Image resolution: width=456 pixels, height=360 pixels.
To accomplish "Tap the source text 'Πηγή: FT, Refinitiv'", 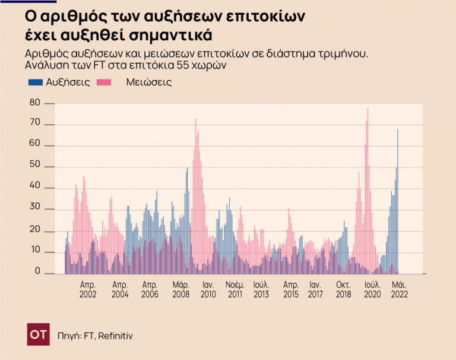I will click(95, 336).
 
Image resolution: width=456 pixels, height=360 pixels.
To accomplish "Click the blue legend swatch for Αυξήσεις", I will click(34, 83).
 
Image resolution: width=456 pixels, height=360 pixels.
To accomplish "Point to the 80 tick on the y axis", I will click(34, 103).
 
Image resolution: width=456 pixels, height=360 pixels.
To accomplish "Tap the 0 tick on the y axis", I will click(37, 271).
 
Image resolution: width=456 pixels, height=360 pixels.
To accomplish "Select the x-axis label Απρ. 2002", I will click(88, 289).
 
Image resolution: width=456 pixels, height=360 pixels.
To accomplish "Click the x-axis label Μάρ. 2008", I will click(180, 289).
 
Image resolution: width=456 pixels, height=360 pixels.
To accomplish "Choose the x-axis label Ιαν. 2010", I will click(208, 289).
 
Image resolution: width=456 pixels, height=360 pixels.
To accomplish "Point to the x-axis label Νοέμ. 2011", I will click(235, 289).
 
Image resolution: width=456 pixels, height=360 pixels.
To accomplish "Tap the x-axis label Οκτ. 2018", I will click(344, 289).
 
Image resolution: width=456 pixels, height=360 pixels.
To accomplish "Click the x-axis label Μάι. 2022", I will click(399, 289).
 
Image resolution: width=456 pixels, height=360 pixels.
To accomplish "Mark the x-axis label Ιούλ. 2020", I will click(372, 289).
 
